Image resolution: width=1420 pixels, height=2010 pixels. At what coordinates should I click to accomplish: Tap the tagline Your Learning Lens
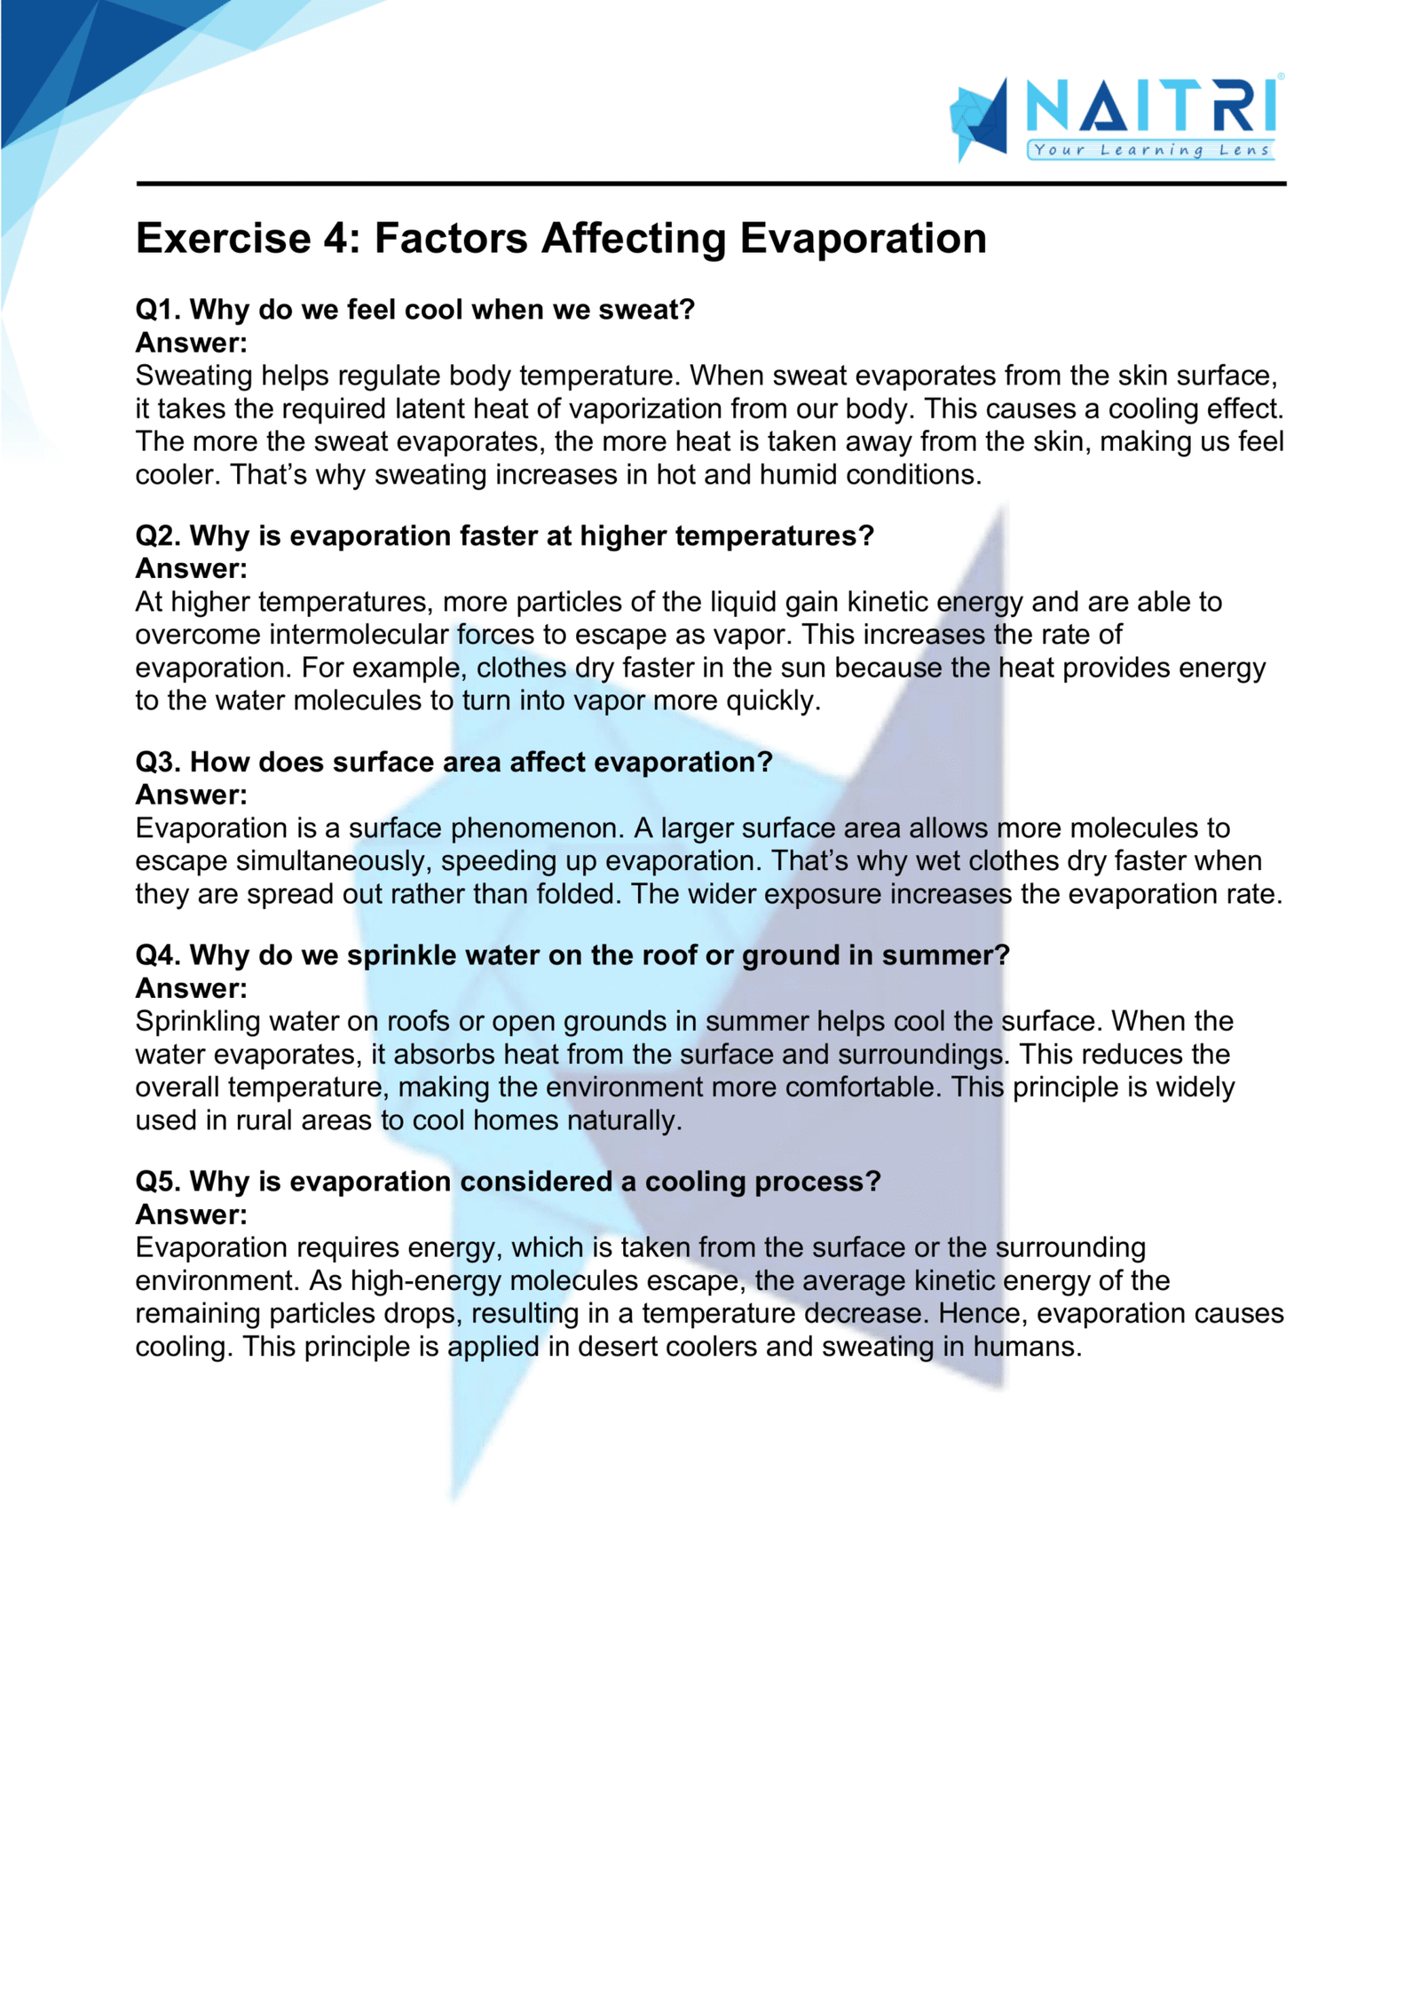1151,150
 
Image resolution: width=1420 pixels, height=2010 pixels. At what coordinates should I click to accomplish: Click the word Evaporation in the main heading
863,239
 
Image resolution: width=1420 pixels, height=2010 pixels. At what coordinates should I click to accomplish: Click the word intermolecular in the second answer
359,635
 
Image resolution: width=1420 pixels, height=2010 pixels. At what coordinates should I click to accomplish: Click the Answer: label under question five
191,1215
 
